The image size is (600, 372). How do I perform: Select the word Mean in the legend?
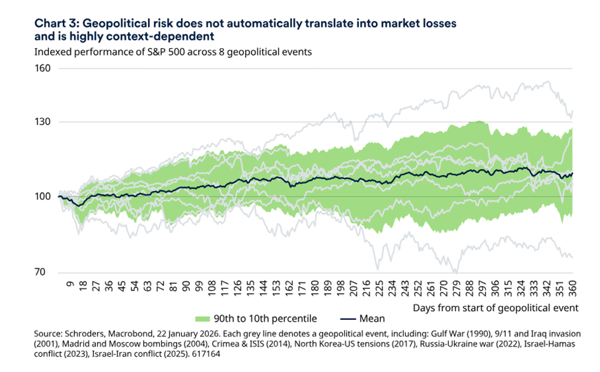tap(370, 317)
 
